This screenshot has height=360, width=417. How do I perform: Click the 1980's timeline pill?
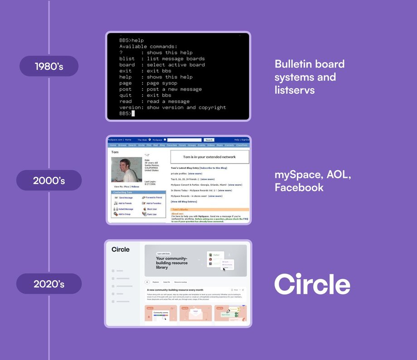click(49, 66)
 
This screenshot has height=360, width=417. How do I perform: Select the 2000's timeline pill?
click(49, 180)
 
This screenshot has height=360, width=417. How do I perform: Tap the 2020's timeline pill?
click(49, 284)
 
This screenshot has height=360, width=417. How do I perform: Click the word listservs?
click(295, 90)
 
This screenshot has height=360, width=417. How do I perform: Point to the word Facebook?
click(299, 187)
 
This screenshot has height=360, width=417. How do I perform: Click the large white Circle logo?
click(312, 284)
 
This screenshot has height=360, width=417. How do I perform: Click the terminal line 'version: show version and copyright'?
click(173, 107)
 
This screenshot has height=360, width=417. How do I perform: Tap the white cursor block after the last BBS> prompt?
click(133, 113)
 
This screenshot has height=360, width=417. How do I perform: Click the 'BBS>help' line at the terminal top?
click(131, 40)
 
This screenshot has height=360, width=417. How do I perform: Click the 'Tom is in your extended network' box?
click(209, 157)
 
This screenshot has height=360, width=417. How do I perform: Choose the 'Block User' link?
click(151, 209)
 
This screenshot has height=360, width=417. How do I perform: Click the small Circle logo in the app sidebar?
click(121, 250)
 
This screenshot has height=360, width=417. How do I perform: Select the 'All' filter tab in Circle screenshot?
click(147, 282)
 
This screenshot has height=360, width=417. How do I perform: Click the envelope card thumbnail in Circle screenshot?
click(196, 314)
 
